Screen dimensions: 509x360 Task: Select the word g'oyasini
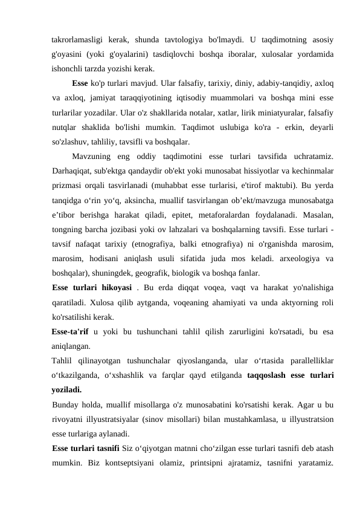[x=68, y=54]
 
